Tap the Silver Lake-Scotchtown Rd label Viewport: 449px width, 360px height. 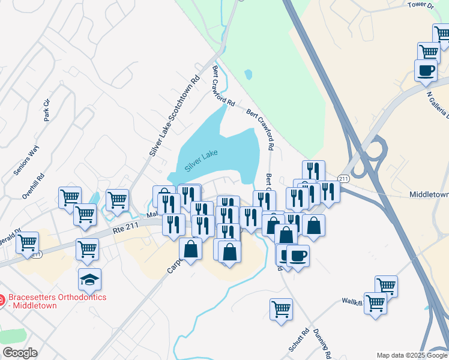tap(175, 115)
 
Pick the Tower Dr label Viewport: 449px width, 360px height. tap(420, 5)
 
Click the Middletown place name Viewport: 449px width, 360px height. tap(429, 195)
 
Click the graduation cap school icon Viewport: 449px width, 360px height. tap(90, 279)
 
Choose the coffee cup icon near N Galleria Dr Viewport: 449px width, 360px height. tap(426, 70)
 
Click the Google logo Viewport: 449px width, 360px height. tap(19, 353)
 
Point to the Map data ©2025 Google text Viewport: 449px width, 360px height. tap(412, 355)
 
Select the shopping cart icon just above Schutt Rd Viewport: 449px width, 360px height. tap(281, 310)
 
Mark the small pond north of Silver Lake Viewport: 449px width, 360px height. tap(249, 75)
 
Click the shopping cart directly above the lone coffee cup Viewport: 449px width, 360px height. tap(429, 52)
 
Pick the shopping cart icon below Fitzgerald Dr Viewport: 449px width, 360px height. tap(28, 243)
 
